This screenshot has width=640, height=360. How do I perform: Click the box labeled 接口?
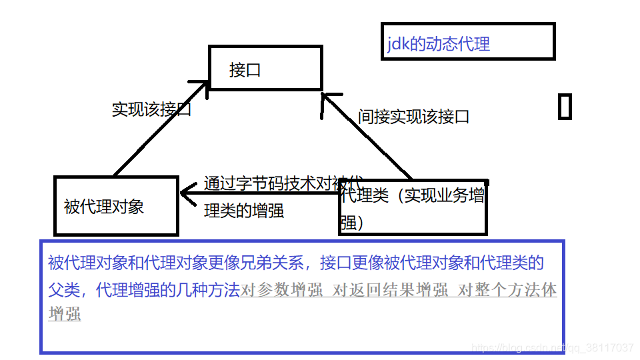pos(265,68)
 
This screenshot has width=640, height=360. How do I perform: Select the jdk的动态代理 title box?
pos(467,41)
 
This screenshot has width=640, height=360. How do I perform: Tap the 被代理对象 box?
pos(115,206)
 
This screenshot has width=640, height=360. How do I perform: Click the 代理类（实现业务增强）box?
pos(413,208)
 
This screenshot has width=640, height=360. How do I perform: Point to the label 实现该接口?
pos(151,109)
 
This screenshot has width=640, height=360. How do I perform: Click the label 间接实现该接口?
pos(413,117)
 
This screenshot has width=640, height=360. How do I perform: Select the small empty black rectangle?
pos(565,107)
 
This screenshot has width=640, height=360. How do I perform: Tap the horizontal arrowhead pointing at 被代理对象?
pos(187,193)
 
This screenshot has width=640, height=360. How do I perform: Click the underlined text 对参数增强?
pos(283,291)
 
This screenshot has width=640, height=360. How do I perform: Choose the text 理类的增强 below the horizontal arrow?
pos(244,211)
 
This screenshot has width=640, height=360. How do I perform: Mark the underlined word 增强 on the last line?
pos(65,314)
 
